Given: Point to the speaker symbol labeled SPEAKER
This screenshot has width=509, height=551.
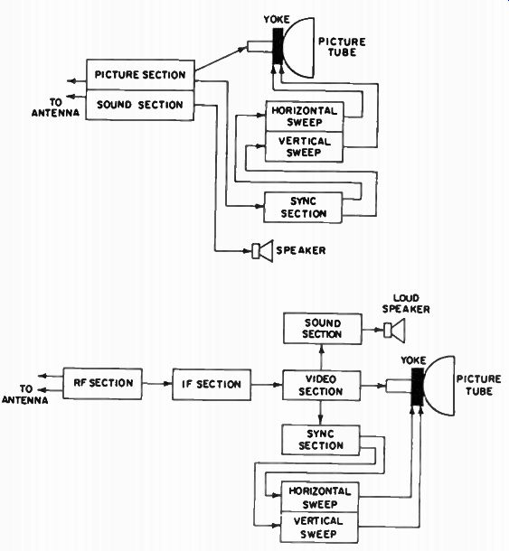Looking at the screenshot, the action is (263, 251).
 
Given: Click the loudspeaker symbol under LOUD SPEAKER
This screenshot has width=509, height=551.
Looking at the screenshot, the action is (394, 331).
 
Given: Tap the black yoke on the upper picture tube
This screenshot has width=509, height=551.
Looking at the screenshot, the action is (278, 46).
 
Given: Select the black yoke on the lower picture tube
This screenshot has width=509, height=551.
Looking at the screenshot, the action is (418, 387).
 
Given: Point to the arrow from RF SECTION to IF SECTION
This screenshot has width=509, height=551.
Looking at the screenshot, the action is (157, 384).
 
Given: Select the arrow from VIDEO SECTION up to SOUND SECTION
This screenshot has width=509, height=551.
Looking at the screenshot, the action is (321, 357).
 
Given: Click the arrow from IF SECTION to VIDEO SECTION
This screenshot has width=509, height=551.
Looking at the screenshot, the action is (267, 385).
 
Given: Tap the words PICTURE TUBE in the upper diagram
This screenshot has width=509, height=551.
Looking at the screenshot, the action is (342, 47).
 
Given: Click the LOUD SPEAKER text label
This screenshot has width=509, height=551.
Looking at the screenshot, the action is (406, 304).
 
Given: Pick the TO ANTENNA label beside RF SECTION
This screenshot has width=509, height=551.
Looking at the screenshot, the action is (25, 394).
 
